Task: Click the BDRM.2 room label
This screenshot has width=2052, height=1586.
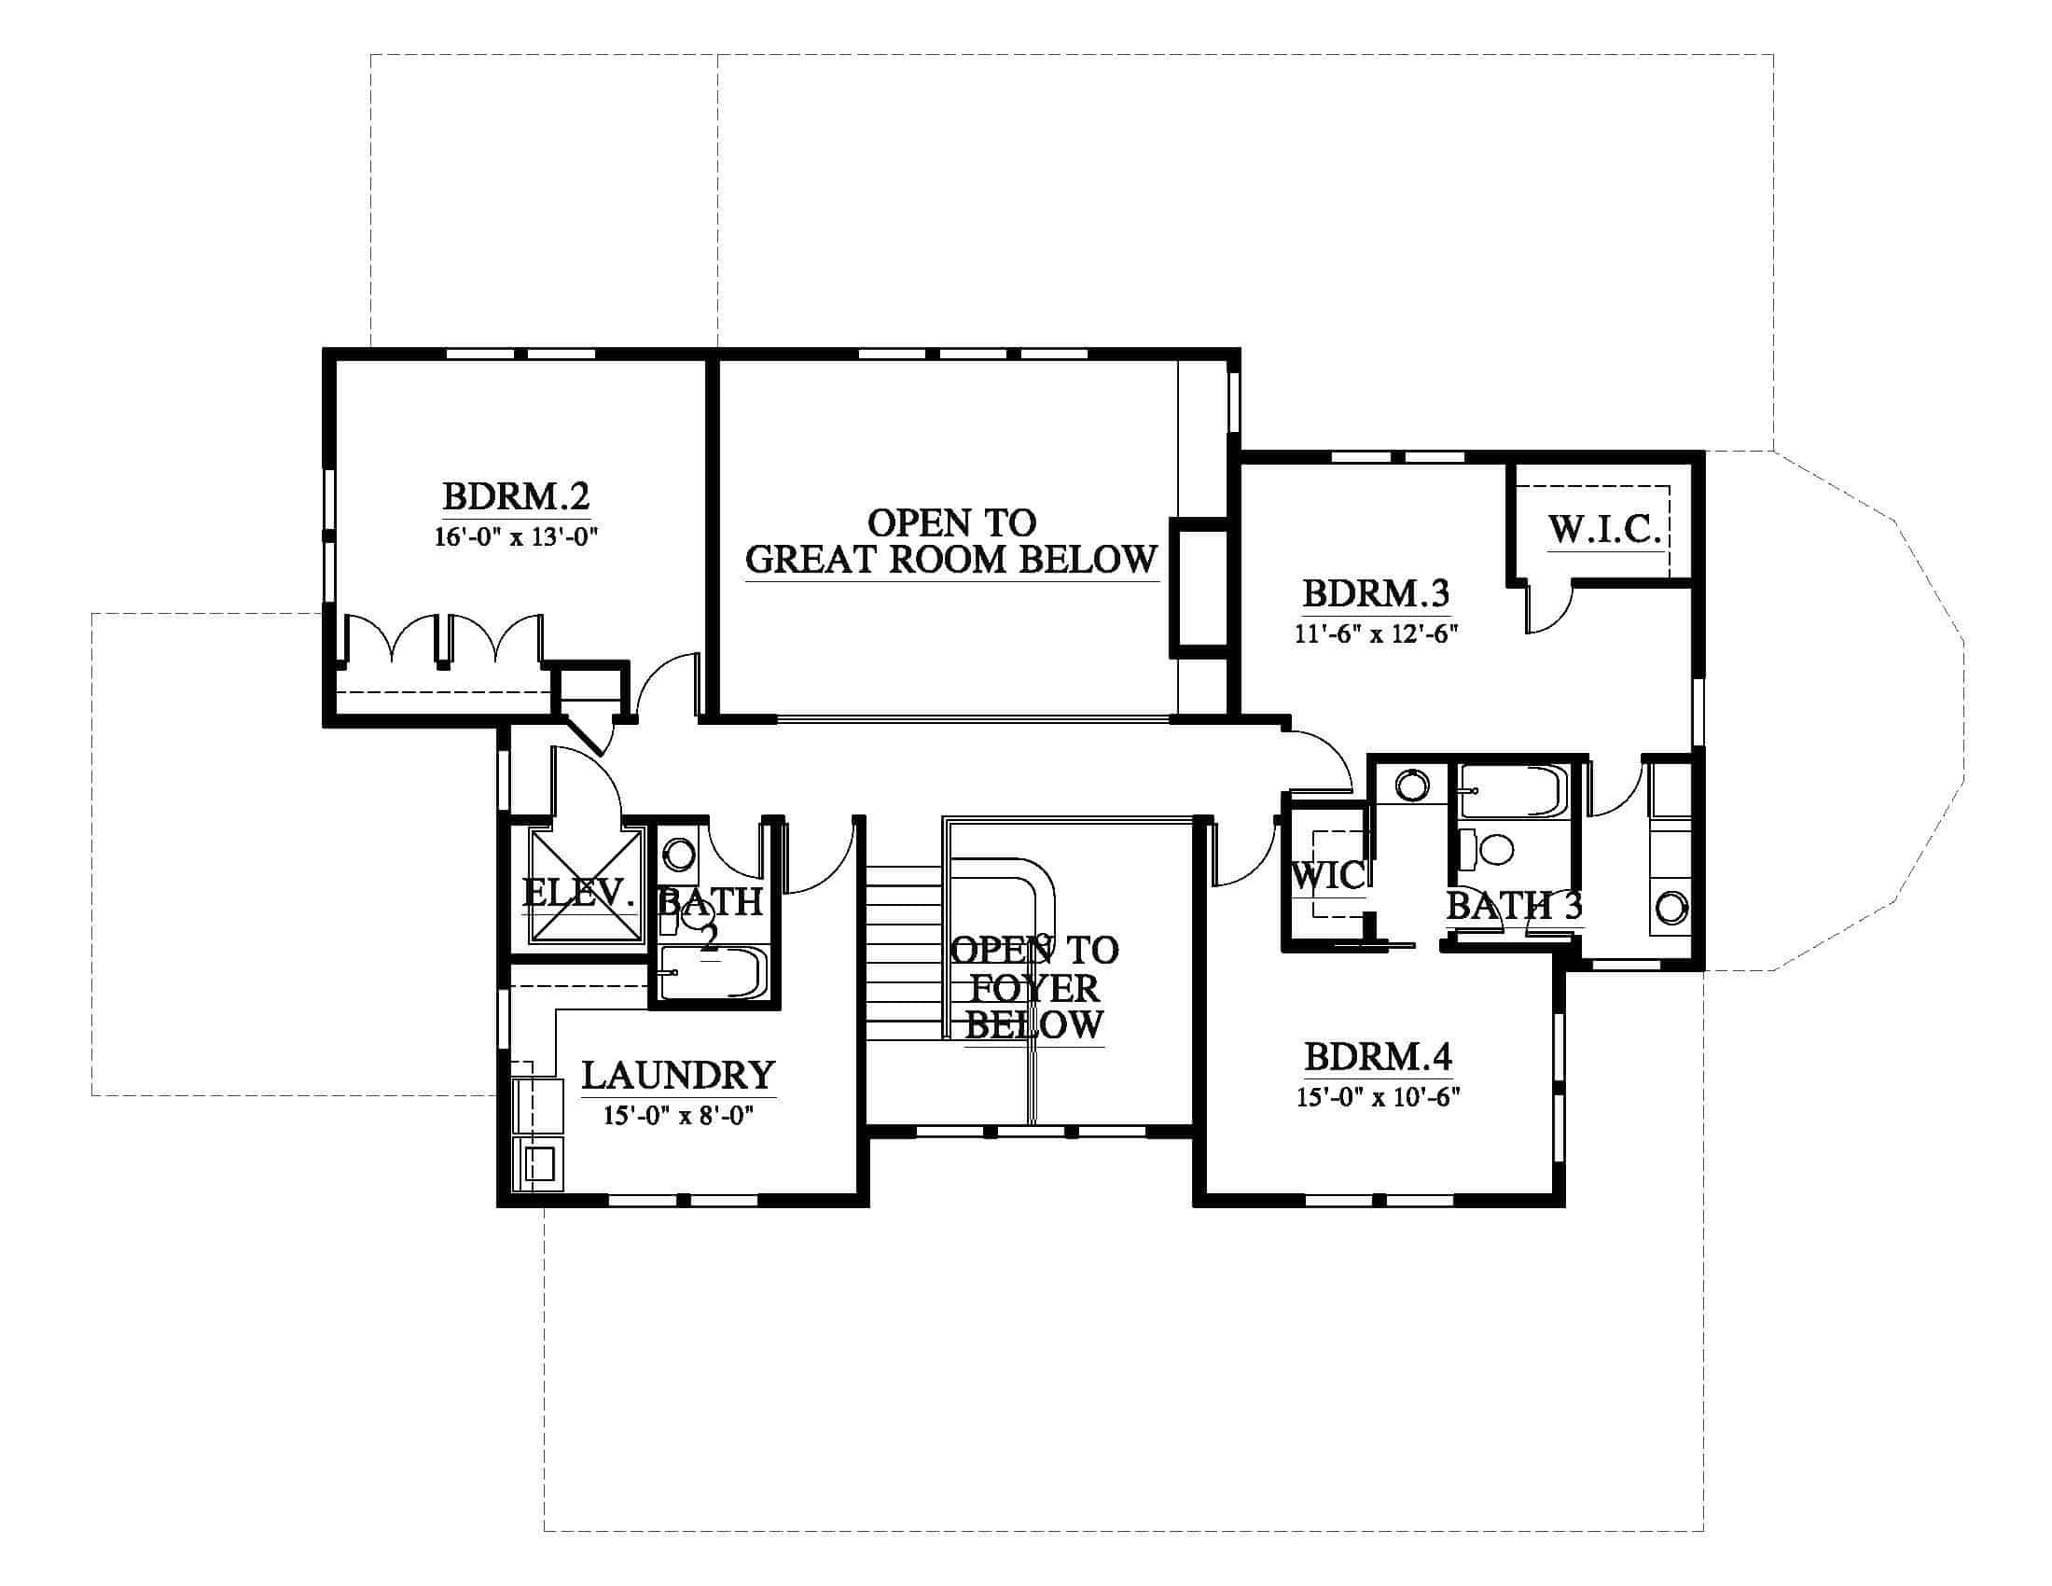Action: tap(516, 495)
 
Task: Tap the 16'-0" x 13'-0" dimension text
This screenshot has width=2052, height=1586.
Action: tap(516, 537)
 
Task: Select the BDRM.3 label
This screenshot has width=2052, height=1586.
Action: tap(1376, 593)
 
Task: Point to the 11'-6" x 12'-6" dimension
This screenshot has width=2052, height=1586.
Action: tap(1376, 633)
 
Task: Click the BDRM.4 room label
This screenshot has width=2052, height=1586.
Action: tap(1378, 1057)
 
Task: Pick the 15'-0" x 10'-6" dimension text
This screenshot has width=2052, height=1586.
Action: tap(1378, 1096)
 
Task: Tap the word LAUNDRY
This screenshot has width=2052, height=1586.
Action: tap(678, 1075)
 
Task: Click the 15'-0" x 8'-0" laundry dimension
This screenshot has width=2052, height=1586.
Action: tap(678, 1115)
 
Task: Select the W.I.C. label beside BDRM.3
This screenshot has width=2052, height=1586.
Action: tap(1605, 530)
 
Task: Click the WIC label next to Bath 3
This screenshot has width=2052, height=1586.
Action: tap(1327, 876)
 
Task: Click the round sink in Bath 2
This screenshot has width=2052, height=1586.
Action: tap(678, 855)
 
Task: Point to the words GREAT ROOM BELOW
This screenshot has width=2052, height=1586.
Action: tap(950, 560)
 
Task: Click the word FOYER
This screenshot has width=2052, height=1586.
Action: tap(1033, 987)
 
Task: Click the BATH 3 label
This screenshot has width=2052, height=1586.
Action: tap(1515, 906)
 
